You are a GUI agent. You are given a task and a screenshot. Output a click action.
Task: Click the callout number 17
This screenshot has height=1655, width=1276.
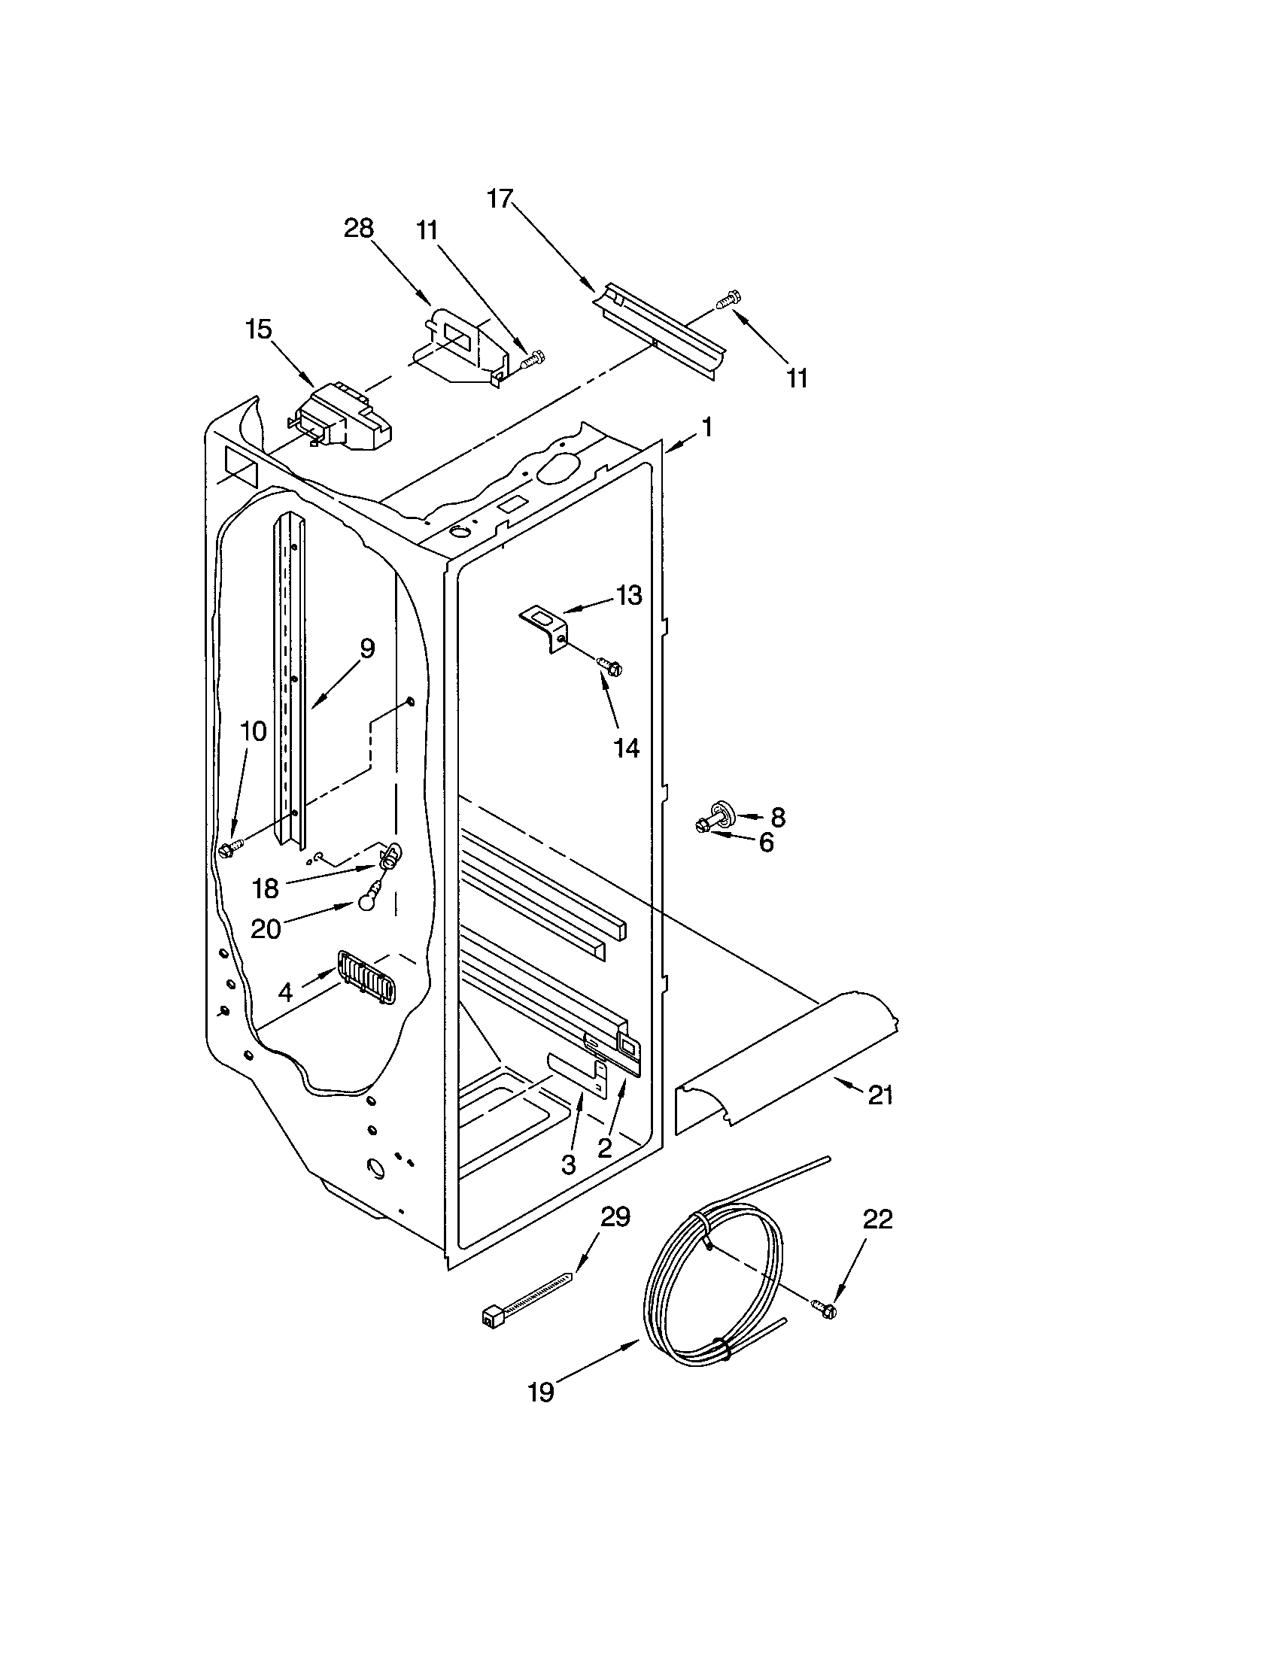500,199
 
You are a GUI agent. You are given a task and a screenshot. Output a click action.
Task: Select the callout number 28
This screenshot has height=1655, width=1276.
359,228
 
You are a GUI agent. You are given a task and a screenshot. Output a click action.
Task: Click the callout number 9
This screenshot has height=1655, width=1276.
366,648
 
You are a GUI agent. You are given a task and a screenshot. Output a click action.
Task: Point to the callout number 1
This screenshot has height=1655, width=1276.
706,428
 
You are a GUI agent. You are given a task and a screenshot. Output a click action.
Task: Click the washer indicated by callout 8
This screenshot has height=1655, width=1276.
723,813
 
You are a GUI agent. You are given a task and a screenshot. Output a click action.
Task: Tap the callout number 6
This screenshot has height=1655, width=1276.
766,842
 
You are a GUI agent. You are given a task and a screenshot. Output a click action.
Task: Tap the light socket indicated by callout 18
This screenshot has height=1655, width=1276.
389,855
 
